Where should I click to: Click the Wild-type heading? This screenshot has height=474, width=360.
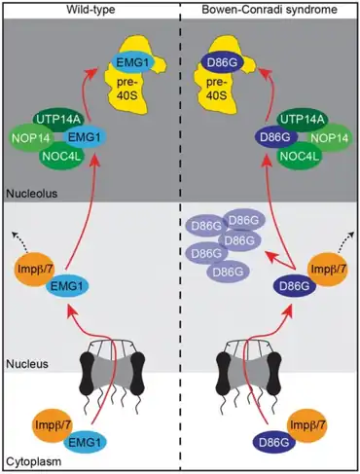pyautogui.click(x=90, y=10)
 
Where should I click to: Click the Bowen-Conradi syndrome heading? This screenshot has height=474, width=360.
pyautogui.click(x=270, y=10)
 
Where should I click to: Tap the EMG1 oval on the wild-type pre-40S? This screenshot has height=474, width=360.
pyautogui.click(x=132, y=62)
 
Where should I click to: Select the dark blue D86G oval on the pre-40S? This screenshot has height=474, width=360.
pyautogui.click(x=222, y=62)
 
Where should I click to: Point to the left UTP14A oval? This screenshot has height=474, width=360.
pyautogui.click(x=58, y=120)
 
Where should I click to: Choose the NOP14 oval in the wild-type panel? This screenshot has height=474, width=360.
pyautogui.click(x=31, y=138)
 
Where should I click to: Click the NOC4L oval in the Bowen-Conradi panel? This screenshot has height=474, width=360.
pyautogui.click(x=300, y=156)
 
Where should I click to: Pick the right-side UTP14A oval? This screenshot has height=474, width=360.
pyautogui.click(x=302, y=120)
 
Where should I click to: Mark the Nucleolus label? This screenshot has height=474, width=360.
pyautogui.click(x=32, y=194)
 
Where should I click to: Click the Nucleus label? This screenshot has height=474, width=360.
pyautogui.click(x=27, y=364)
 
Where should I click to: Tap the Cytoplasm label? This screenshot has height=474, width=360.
pyautogui.click(x=34, y=461)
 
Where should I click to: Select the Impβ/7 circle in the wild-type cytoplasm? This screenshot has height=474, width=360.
pyautogui.click(x=53, y=425)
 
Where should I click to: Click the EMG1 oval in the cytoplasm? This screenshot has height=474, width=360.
pyautogui.click(x=85, y=442)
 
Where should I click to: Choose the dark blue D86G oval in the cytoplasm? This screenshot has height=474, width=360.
pyautogui.click(x=274, y=442)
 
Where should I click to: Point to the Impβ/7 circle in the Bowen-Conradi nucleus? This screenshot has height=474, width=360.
pyautogui.click(x=328, y=270)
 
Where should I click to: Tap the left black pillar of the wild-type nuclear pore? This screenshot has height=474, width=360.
pyautogui.click(x=87, y=374)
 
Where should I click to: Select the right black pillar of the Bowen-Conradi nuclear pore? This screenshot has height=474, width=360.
pyautogui.click(x=273, y=374)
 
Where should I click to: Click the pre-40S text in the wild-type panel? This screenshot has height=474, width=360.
pyautogui.click(x=126, y=89)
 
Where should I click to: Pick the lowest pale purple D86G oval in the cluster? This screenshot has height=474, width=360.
pyautogui.click(x=228, y=272)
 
